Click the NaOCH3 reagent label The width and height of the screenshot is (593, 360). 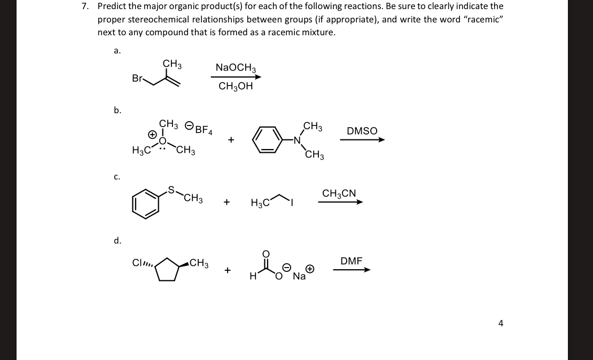coord(236,67)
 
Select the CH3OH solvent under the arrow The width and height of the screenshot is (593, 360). coord(236,86)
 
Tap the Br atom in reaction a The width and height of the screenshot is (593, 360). coord(137,79)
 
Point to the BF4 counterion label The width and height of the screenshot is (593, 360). coord(204,129)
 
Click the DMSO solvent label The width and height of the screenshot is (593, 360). coord(362,131)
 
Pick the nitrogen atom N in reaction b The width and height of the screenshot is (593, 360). coord(298,140)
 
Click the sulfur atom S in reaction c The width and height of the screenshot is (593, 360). coord(171,189)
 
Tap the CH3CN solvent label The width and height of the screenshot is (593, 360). coord(339,193)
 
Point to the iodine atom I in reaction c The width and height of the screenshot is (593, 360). coord(292,203)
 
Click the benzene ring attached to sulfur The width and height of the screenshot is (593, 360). coord(145,205)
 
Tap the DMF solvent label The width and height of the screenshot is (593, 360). coord(351,261)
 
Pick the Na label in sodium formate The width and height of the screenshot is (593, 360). coord(299,276)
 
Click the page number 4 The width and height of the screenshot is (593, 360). coord(501,323)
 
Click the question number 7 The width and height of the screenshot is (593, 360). coord(84,6)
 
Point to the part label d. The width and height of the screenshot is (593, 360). coord(118,240)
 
